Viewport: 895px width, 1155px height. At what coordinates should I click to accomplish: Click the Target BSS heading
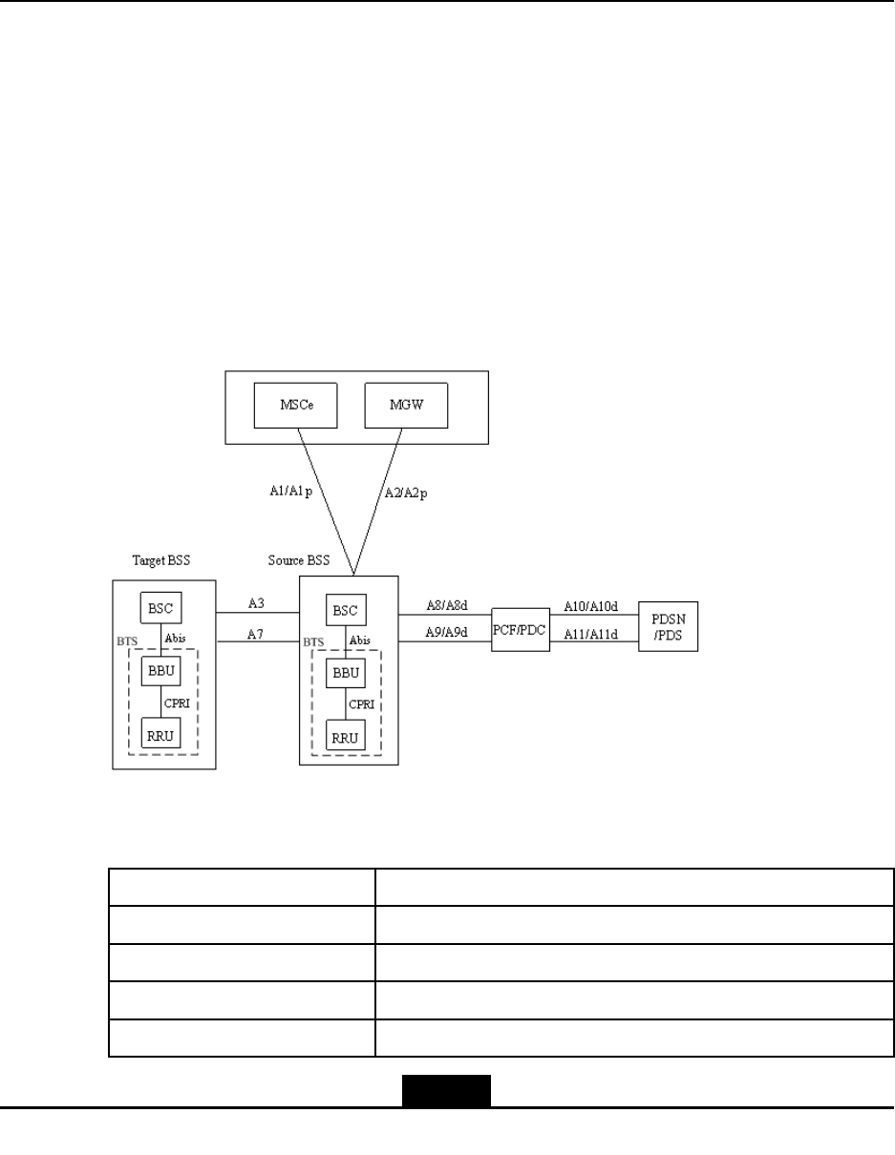pyautogui.click(x=160, y=560)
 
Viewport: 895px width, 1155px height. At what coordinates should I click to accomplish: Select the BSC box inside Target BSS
pyautogui.click(x=161, y=607)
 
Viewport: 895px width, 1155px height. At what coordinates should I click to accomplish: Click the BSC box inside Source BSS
pyautogui.click(x=347, y=611)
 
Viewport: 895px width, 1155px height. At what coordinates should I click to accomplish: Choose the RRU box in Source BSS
pyautogui.click(x=347, y=737)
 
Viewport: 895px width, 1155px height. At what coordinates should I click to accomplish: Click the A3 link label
pyautogui.click(x=256, y=603)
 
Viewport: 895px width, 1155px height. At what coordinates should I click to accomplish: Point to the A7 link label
pyautogui.click(x=256, y=633)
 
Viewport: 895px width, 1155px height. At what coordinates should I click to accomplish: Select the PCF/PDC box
pyautogui.click(x=522, y=631)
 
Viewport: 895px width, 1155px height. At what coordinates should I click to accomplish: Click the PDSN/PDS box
pyautogui.click(x=668, y=626)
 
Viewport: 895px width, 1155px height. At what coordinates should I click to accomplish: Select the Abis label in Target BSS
pyautogui.click(x=175, y=640)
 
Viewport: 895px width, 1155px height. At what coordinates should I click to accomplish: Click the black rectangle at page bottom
pyautogui.click(x=446, y=1092)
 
